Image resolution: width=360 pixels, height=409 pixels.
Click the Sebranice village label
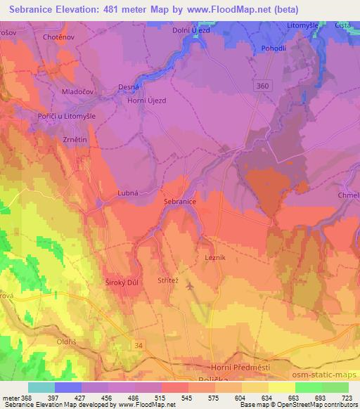(x=179, y=201)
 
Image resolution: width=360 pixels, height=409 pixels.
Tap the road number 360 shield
(x=262, y=85)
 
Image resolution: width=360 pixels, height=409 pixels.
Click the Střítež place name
(x=169, y=280)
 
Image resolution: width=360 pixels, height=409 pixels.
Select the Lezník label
(x=215, y=259)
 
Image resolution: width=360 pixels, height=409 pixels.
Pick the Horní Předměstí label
(x=240, y=368)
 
